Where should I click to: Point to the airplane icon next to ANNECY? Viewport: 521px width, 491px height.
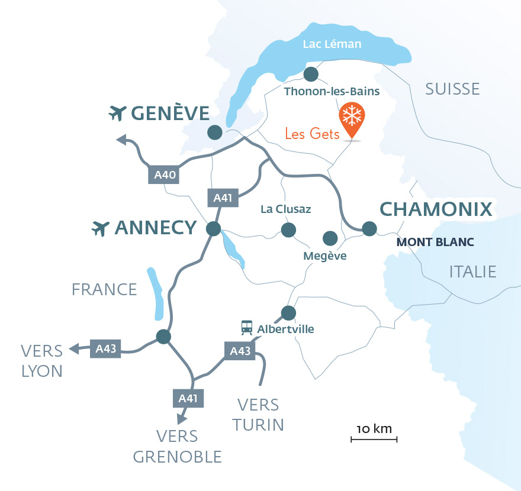click(x=101, y=228)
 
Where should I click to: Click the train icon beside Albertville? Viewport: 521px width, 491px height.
click(x=246, y=328)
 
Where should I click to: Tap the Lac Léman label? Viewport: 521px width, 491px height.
click(x=332, y=44)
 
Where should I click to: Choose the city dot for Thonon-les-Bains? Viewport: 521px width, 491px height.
click(x=311, y=74)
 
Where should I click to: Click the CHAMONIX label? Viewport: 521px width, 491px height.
click(x=436, y=209)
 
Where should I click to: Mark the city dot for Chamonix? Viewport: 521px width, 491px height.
click(x=369, y=228)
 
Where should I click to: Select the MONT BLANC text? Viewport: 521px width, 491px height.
click(x=435, y=242)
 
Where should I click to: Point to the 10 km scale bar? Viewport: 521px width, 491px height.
click(x=374, y=439)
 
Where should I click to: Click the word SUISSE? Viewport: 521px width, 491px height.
click(x=452, y=89)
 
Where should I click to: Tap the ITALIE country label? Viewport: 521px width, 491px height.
click(x=472, y=272)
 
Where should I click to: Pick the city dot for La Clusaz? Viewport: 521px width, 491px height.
click(x=288, y=229)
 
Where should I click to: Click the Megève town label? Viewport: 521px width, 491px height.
click(x=324, y=256)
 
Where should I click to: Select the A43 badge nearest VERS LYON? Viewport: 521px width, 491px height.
click(x=105, y=349)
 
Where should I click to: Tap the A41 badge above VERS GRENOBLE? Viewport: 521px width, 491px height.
click(x=188, y=398)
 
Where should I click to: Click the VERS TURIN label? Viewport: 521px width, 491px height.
click(x=258, y=415)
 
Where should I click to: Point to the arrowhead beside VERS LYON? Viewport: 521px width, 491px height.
click(x=74, y=349)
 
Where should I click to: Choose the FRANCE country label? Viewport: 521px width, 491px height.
click(x=104, y=289)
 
